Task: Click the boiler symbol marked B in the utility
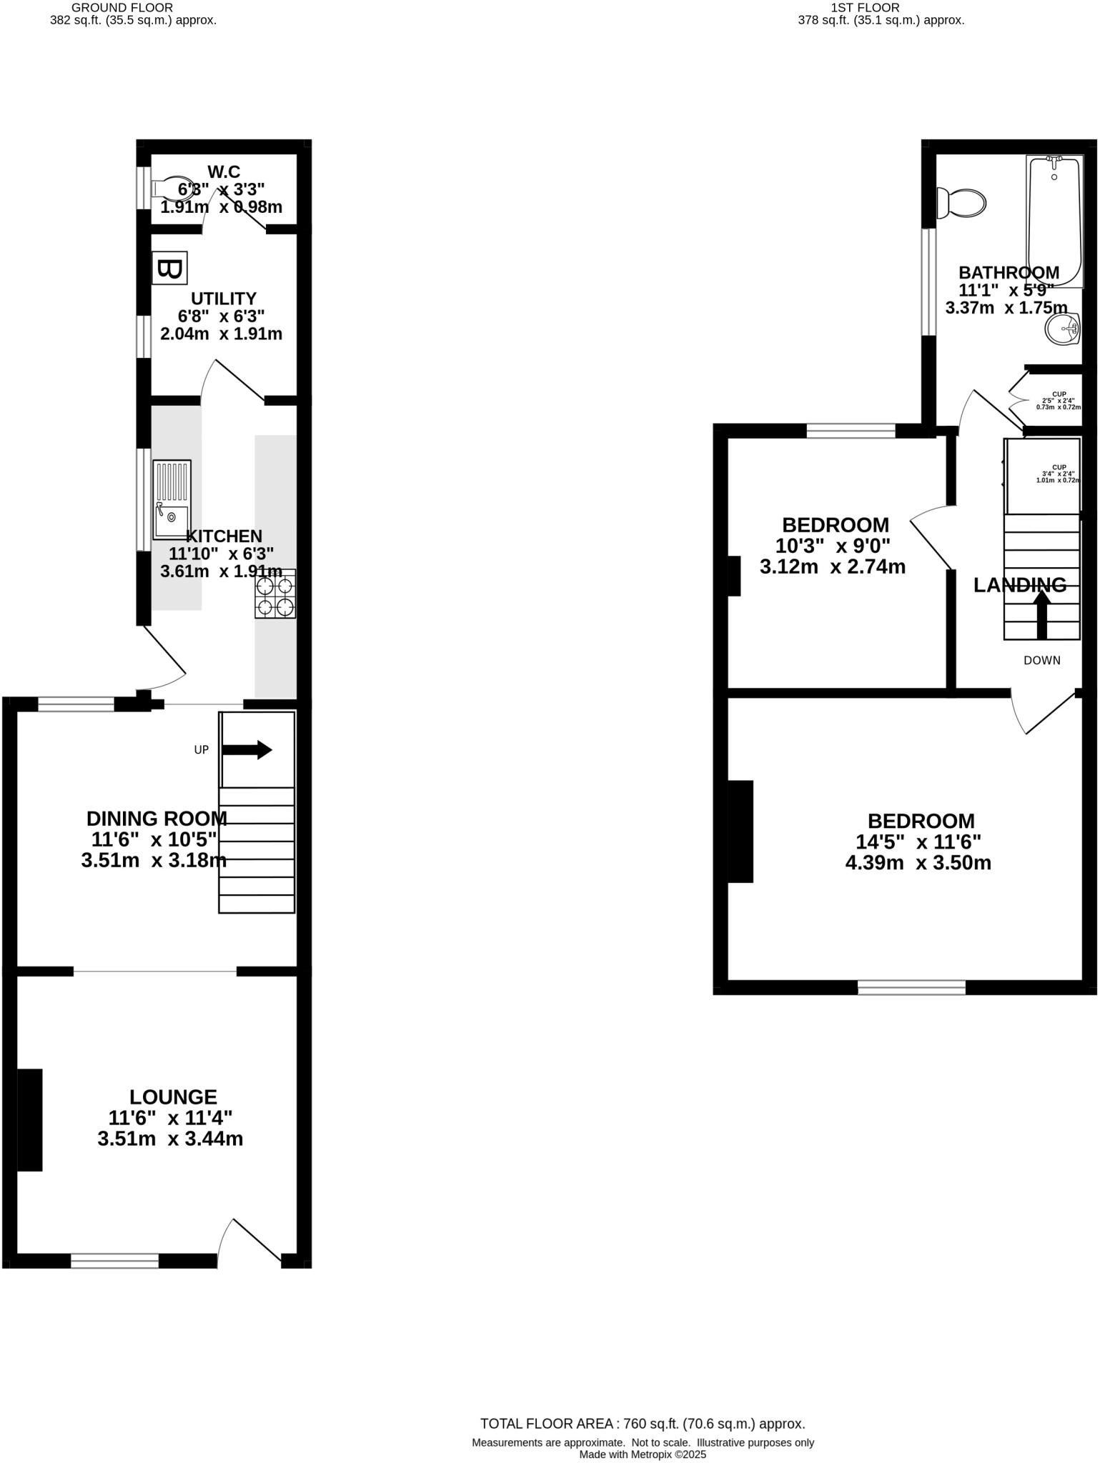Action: (x=169, y=269)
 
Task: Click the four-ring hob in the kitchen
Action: (x=275, y=594)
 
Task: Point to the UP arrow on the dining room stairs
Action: (x=247, y=750)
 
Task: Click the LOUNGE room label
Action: (x=173, y=1097)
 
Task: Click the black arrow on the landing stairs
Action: (x=1041, y=614)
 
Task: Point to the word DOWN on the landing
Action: (x=1041, y=660)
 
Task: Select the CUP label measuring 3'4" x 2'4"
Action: (x=1058, y=474)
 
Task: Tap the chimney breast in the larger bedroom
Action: (x=740, y=832)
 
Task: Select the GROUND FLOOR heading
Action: (x=122, y=8)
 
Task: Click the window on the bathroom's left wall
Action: (x=928, y=281)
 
